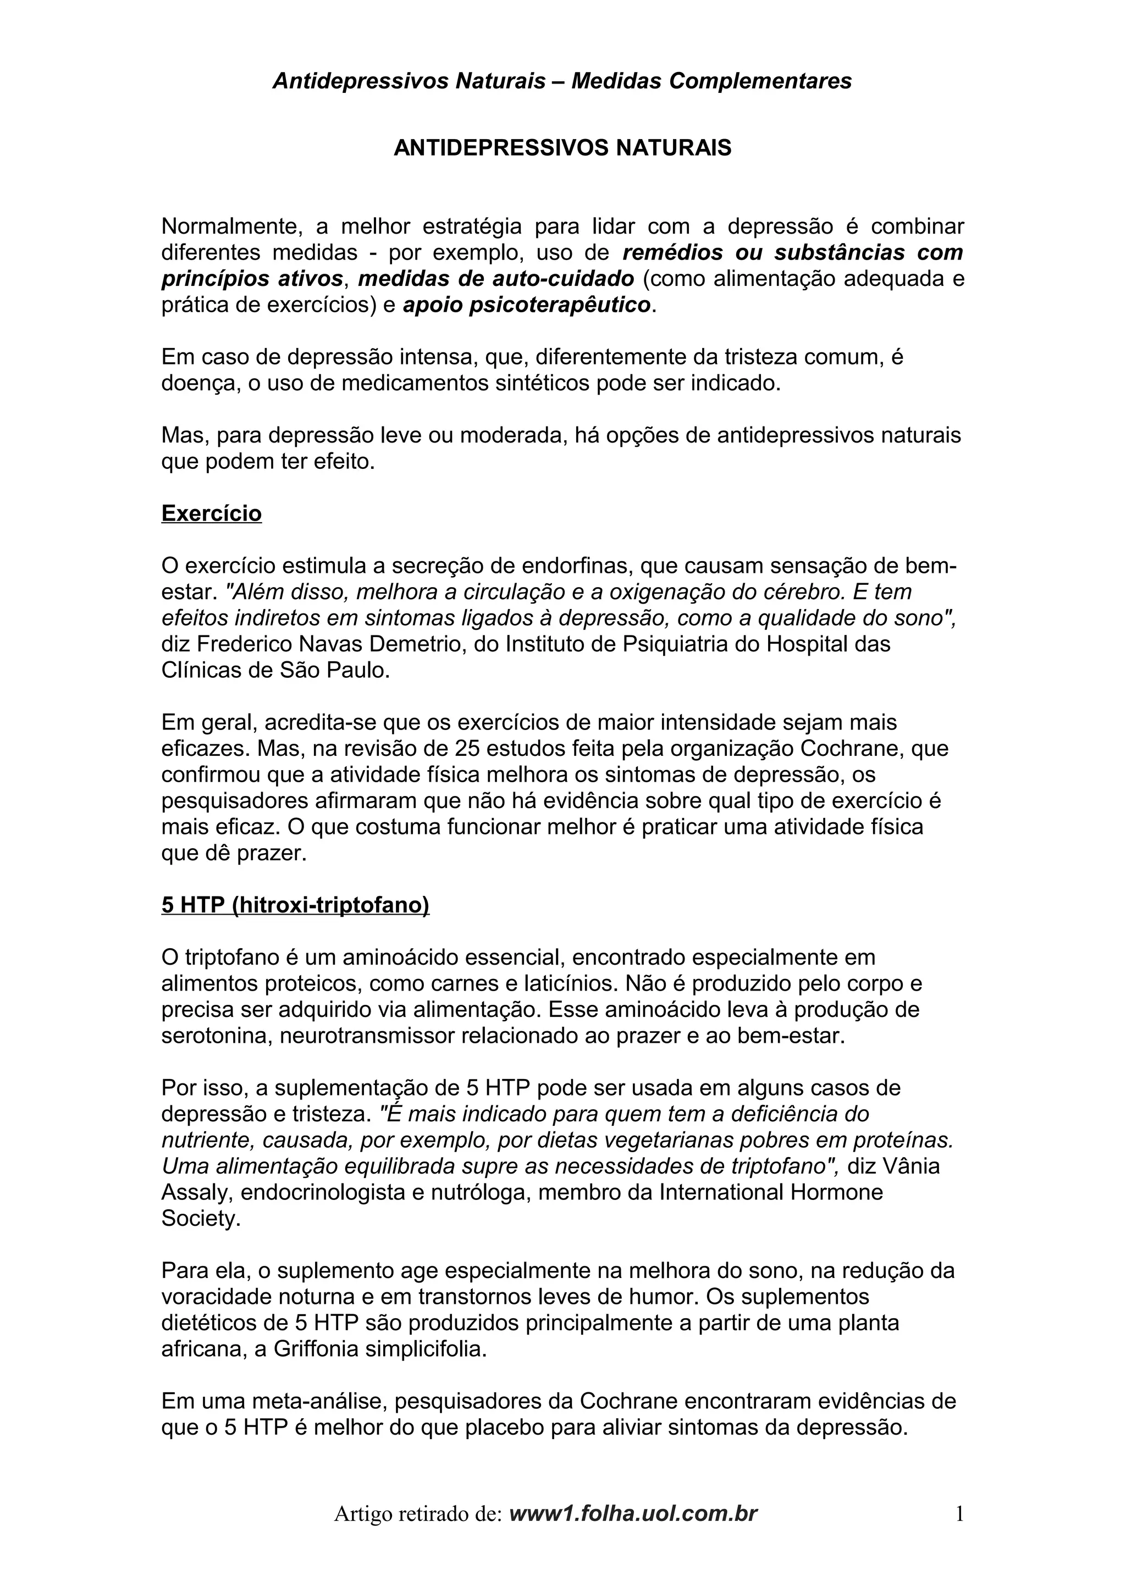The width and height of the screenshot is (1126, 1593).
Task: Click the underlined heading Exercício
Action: [212, 513]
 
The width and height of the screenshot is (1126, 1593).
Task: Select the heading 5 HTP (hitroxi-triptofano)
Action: [296, 905]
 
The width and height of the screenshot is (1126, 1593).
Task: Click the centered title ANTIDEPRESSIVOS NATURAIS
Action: [562, 148]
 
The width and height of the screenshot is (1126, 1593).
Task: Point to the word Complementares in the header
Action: [760, 81]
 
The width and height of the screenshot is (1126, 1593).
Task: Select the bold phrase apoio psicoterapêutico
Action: [527, 305]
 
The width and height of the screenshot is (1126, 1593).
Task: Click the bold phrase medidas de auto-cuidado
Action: [496, 278]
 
